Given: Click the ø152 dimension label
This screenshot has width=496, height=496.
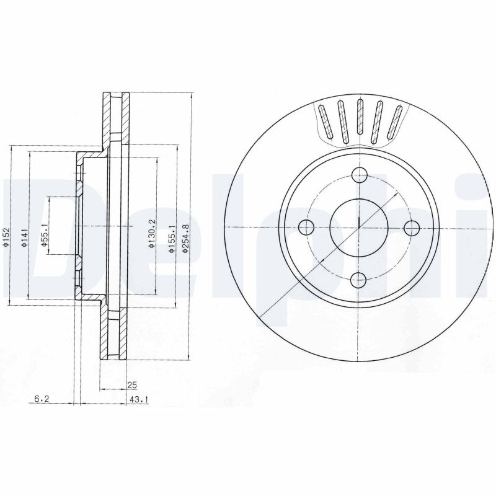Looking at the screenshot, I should coord(6,237).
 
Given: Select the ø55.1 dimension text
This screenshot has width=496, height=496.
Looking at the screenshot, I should coord(44,236).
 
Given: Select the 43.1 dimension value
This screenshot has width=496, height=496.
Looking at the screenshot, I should coord(138,401).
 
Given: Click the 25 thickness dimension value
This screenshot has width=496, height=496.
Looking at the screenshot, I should coord(131,385).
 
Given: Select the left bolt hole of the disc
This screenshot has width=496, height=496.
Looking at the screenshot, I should coord(307,228).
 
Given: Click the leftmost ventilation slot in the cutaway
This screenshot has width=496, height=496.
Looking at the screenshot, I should coord(325,123).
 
